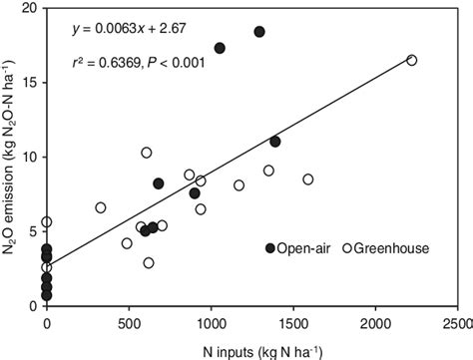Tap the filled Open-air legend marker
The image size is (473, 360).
click(270, 248)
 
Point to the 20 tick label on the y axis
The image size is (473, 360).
click(29, 8)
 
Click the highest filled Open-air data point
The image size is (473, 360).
click(259, 32)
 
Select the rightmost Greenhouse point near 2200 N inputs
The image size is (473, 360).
click(411, 61)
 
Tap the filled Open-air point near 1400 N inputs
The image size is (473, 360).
click(275, 142)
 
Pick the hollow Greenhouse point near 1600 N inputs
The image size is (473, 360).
click(308, 180)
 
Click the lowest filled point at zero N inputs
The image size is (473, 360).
click(47, 296)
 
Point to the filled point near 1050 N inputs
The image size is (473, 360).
click(220, 48)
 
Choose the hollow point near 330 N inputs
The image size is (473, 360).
click(101, 207)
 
